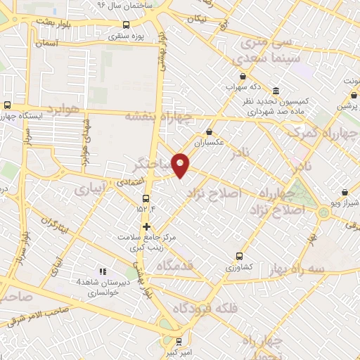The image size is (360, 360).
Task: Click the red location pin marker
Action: [181, 165]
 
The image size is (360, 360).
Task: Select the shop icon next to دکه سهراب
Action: [243, 77]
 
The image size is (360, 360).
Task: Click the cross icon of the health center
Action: [146, 226]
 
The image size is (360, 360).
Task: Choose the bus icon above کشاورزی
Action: [240, 256]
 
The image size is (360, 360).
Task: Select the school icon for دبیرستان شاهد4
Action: [101, 271]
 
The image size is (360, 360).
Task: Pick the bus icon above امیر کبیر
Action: [179, 340]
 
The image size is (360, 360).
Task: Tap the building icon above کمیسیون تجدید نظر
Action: [275, 92]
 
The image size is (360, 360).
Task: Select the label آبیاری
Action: [92, 189]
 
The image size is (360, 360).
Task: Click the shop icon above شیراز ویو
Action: [344, 192]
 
